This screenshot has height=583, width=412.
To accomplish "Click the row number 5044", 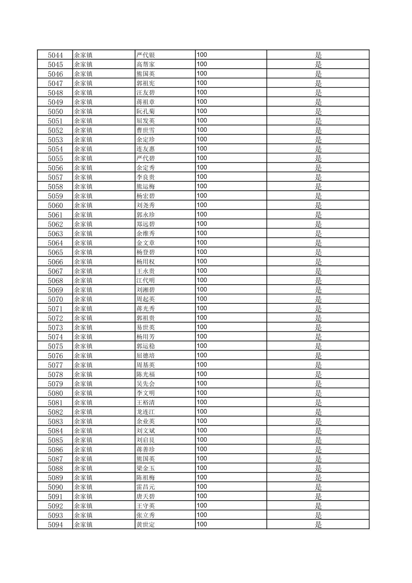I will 55,55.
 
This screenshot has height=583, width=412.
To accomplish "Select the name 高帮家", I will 146,64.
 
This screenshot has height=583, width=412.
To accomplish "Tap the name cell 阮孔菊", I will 146,112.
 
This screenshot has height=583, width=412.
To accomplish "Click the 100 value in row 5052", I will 202,130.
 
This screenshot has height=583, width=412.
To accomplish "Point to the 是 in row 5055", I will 318,158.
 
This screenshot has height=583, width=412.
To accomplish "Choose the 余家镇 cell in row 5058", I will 83,187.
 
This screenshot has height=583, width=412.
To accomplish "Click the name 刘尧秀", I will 146,206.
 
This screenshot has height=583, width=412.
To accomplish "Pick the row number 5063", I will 55,234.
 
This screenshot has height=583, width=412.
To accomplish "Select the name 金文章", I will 146,243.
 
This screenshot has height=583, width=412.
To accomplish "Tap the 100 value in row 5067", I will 202,271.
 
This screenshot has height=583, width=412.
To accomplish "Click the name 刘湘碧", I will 146,290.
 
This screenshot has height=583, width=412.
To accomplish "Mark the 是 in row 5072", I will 318,318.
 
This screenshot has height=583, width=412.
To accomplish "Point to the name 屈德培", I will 146,356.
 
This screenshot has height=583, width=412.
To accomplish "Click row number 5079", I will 55,384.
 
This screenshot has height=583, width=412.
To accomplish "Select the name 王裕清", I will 146,403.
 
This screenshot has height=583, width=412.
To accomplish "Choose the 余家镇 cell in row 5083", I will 83,422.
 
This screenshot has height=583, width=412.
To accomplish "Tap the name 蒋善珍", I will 146,450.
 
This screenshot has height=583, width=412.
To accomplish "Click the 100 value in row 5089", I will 202,478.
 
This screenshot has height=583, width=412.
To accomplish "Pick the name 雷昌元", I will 146,487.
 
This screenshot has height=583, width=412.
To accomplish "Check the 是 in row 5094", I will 318,525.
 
